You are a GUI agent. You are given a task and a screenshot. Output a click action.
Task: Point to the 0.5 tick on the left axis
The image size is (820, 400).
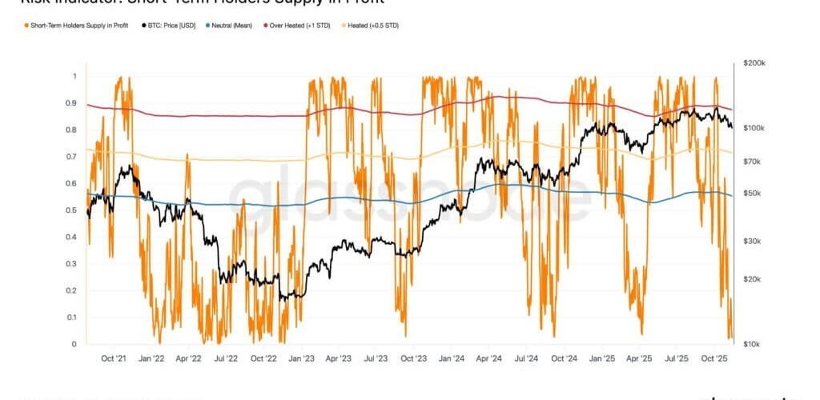coord(74,210)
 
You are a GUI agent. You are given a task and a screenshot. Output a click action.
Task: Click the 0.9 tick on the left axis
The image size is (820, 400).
coord(74,103)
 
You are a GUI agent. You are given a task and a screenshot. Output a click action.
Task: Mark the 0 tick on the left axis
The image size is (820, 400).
coord(74,345)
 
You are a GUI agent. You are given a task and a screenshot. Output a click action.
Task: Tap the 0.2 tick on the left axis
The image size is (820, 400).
coord(74,291)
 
